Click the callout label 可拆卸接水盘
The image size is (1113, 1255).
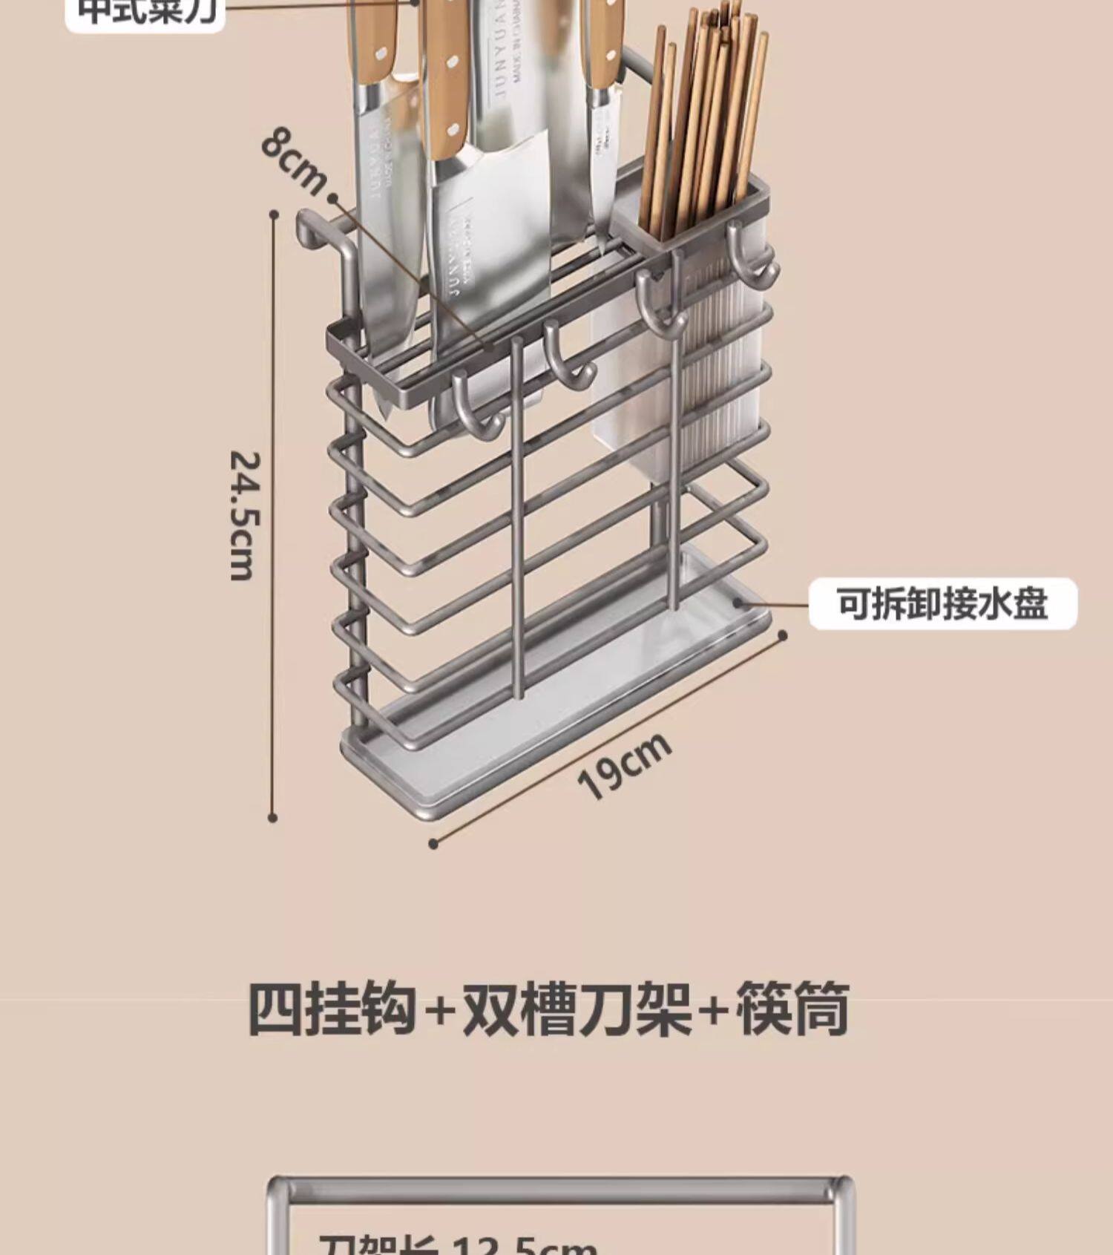coord(942,603)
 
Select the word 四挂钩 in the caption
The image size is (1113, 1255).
coord(331,1009)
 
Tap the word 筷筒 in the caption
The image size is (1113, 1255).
coord(792,1009)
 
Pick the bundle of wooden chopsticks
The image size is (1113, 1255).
coord(701,119)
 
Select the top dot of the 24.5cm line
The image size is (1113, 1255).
coord(275,214)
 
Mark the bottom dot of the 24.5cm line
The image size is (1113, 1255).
coord(272,817)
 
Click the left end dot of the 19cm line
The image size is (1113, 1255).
coord(434,843)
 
